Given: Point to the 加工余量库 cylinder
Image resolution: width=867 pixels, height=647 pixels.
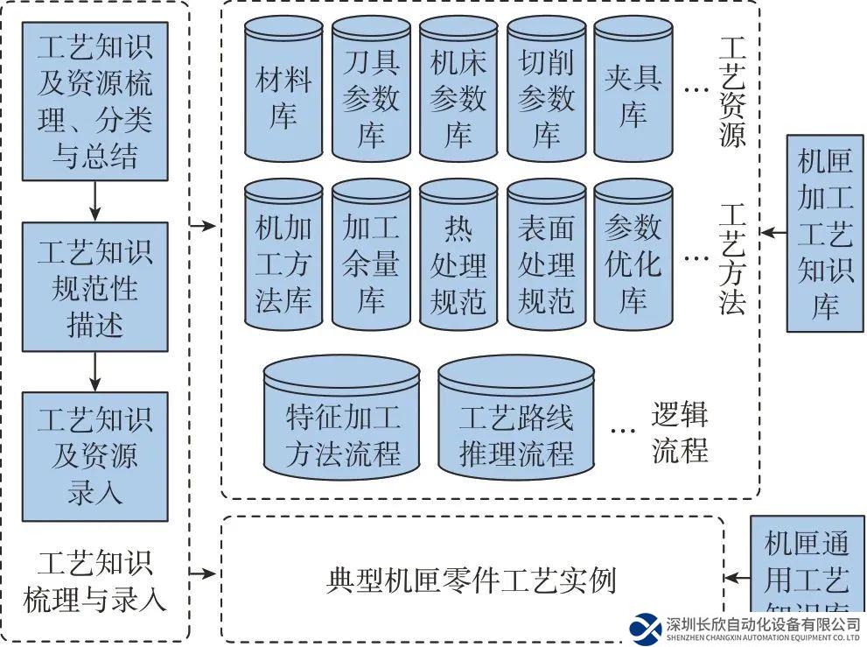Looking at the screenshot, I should (x=371, y=258).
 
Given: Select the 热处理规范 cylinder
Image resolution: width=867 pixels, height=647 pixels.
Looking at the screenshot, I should (x=458, y=258).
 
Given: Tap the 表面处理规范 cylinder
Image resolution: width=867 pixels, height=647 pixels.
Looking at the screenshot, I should (x=546, y=258).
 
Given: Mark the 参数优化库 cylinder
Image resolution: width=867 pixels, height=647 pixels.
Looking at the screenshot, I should (x=633, y=258).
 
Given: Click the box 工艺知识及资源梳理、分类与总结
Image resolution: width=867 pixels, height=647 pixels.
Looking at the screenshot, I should (x=94, y=101).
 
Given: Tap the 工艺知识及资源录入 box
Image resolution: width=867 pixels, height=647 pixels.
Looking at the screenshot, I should (x=94, y=456).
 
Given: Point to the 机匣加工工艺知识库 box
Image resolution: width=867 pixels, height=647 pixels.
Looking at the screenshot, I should (x=824, y=233).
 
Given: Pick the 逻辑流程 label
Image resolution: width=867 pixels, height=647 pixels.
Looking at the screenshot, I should (x=679, y=433).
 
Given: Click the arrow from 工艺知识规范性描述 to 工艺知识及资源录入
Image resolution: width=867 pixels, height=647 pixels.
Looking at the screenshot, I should (x=95, y=371).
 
